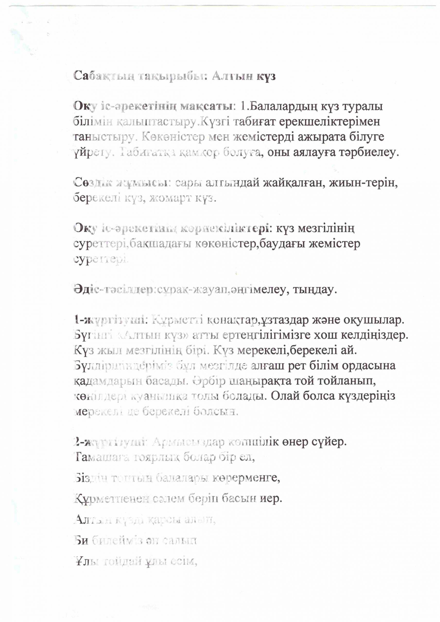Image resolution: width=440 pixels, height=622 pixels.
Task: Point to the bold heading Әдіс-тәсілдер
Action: (114, 290)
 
